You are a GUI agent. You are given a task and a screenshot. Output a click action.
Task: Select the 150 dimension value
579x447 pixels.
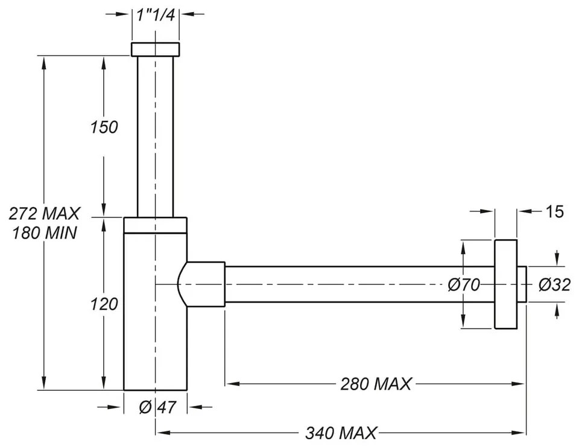104,127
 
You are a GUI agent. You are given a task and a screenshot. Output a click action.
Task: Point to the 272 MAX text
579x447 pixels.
45,213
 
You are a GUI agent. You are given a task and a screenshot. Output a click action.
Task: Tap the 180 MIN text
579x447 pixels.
45,233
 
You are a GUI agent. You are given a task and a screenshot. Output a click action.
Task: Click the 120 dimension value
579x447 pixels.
104,304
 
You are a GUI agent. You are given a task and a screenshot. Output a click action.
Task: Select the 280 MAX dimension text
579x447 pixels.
376,384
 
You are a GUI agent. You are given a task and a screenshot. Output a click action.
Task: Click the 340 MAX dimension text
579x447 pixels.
341,433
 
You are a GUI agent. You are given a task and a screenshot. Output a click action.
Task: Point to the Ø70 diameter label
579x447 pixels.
464,285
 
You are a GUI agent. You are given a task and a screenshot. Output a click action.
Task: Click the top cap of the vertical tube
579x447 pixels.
156,50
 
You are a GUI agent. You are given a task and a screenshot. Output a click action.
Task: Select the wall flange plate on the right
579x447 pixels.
505,284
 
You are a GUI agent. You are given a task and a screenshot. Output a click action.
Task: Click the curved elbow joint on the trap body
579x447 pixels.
185,284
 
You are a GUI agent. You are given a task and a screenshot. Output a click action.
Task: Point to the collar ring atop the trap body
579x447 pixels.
156,225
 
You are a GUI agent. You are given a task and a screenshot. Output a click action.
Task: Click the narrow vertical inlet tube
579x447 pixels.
156,136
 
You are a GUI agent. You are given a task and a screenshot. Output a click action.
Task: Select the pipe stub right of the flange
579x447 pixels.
522,284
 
